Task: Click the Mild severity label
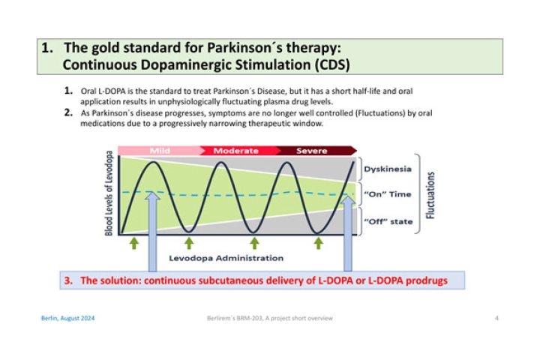[x=160, y=151]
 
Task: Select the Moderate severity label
[x=236, y=151]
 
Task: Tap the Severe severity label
[x=312, y=151]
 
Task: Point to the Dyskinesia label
[x=388, y=169]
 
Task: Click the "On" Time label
[x=388, y=194]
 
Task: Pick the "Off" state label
[x=388, y=221]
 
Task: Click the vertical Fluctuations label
[x=430, y=195]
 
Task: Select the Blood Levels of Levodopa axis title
[x=109, y=193]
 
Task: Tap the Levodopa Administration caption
[x=226, y=258]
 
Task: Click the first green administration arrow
[x=134, y=243]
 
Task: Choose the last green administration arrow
[x=319, y=243]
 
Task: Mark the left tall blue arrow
[x=152, y=232]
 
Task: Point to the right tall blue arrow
[x=348, y=233]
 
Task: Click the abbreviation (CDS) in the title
[x=332, y=64]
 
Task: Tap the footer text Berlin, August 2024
[x=67, y=318]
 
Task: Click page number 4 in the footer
[x=496, y=318]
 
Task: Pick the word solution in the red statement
[x=119, y=280]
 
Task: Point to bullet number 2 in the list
[x=68, y=112]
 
